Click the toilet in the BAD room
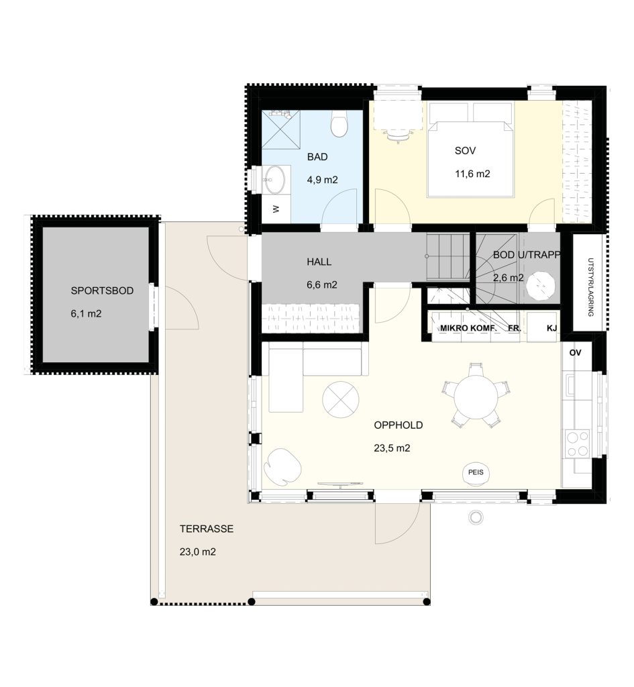click(339, 123)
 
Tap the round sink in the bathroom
click(274, 180)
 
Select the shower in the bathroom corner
click(281, 129)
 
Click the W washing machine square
click(276, 209)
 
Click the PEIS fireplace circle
click(476, 473)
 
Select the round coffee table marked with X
click(341, 400)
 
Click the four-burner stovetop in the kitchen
click(578, 444)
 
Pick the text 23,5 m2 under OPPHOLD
click(392, 448)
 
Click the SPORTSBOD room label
click(102, 291)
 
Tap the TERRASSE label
click(207, 529)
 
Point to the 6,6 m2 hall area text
click(322, 284)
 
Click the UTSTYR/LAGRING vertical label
click(590, 287)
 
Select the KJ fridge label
click(551, 327)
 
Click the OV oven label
click(575, 353)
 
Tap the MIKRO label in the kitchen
click(454, 328)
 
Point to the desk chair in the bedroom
click(397, 136)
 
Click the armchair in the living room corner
click(282, 467)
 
